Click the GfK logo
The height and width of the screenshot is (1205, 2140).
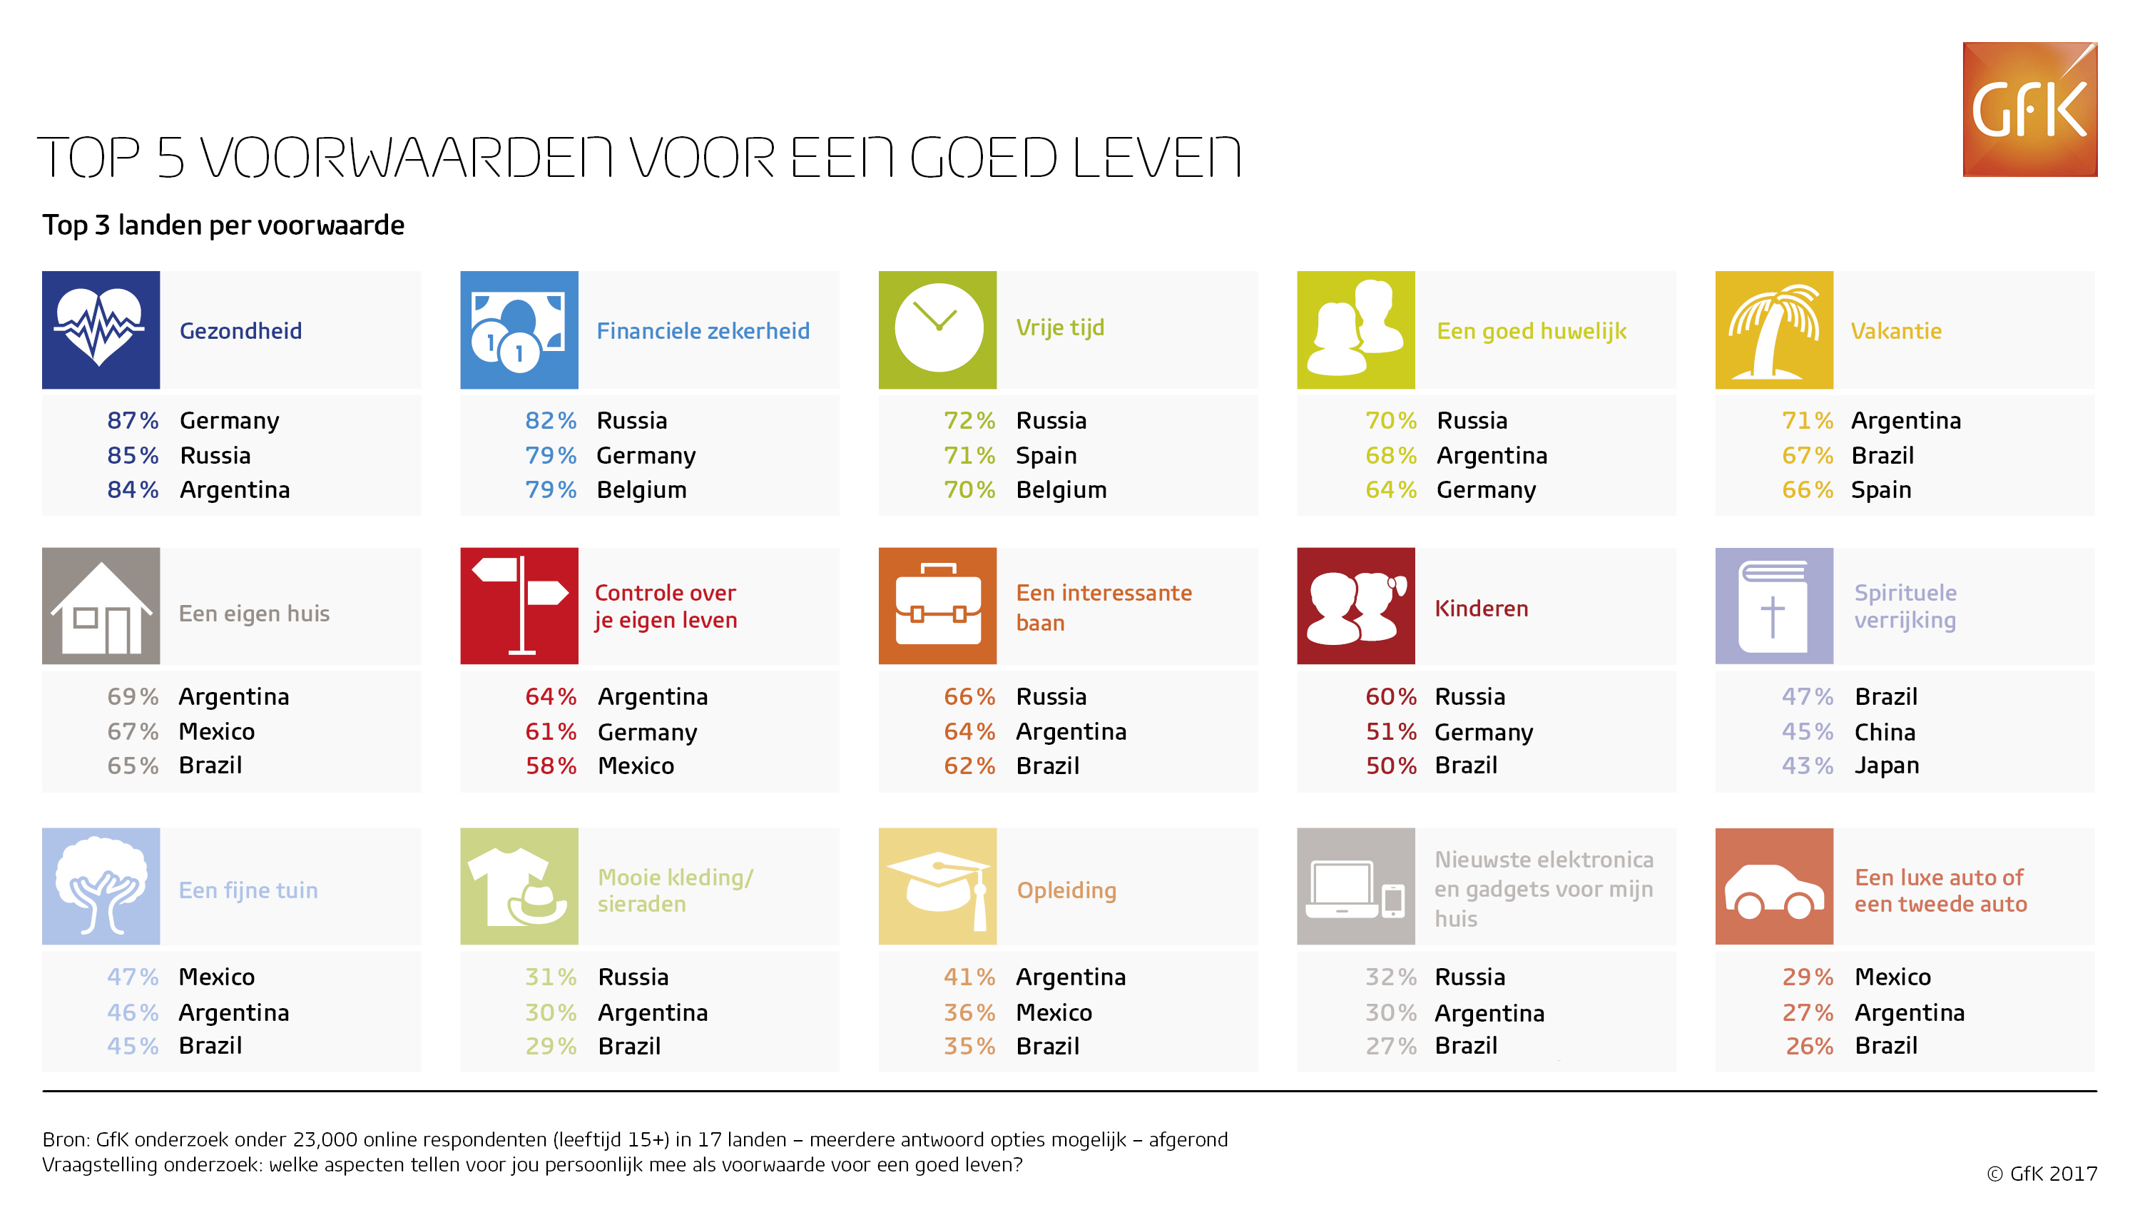click(2029, 109)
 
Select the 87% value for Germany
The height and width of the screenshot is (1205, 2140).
click(133, 420)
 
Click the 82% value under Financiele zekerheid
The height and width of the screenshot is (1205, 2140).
click(551, 420)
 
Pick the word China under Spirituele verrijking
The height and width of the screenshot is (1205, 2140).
click(1885, 732)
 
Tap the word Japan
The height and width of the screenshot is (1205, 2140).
click(1887, 766)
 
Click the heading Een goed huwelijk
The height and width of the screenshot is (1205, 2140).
click(1531, 332)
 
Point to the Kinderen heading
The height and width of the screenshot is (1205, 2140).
click(1481, 609)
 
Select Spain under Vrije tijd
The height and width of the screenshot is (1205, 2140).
click(1046, 456)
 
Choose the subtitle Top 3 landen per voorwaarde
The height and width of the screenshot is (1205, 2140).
click(223, 225)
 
